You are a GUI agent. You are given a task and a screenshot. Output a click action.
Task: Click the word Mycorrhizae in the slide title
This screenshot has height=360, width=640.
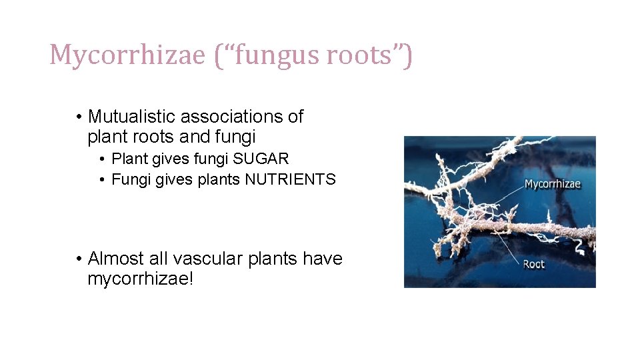coord(127,55)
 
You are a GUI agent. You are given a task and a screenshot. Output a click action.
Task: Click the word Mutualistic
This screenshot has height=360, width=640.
coord(132,117)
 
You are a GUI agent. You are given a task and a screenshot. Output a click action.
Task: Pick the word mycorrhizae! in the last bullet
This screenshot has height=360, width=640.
coord(141,279)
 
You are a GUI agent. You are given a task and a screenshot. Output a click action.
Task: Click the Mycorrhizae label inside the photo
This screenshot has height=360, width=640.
coord(553,184)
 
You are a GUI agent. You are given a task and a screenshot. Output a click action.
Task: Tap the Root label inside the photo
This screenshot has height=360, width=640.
coord(533,264)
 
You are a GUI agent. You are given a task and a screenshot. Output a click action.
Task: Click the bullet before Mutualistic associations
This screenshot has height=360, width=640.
coord(79,117)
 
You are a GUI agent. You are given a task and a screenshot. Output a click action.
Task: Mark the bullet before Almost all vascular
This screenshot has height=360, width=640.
coord(79,259)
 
